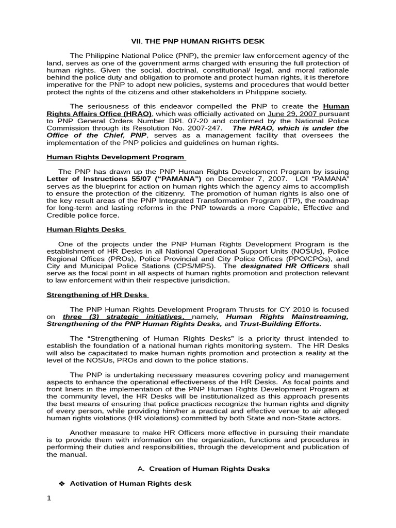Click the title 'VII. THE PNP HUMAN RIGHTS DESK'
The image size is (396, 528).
pos(199,41)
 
